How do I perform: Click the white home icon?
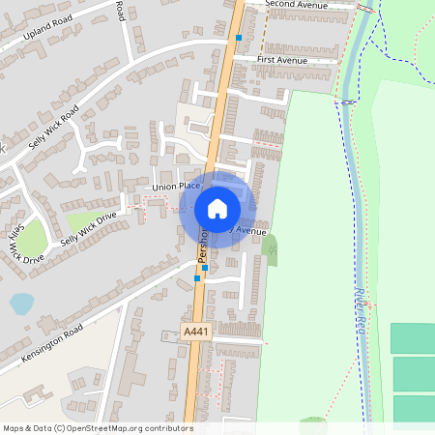(217, 208)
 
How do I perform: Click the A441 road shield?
(196, 332)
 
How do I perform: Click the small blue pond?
(19, 304)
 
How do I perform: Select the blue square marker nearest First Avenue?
(238, 38)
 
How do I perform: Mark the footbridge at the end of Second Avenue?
(365, 8)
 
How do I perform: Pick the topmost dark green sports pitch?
(413, 338)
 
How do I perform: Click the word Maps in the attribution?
(14, 428)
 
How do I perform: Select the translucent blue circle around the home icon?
(240, 190)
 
